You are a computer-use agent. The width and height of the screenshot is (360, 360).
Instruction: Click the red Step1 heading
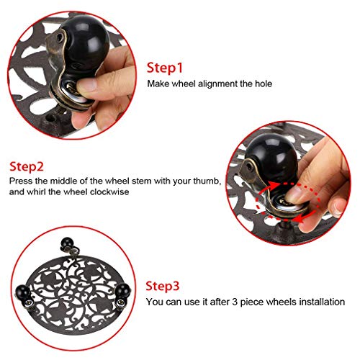point(165,68)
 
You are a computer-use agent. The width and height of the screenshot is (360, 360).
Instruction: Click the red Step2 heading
point(27,166)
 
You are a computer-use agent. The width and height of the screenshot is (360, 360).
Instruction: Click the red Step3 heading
point(163,287)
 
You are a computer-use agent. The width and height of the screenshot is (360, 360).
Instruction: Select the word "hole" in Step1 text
point(264,84)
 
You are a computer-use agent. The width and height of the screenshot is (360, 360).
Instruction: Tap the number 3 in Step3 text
point(235,302)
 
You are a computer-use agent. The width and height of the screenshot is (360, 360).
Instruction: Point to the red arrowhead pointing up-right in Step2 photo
point(273,185)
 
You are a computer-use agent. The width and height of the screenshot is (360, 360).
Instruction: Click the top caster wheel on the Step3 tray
point(67,244)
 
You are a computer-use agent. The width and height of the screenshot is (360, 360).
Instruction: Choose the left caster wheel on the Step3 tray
point(22,292)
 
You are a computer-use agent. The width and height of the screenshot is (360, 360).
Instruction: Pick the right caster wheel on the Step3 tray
point(123,291)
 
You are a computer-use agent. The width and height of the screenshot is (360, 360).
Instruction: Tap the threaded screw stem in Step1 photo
point(60,109)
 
